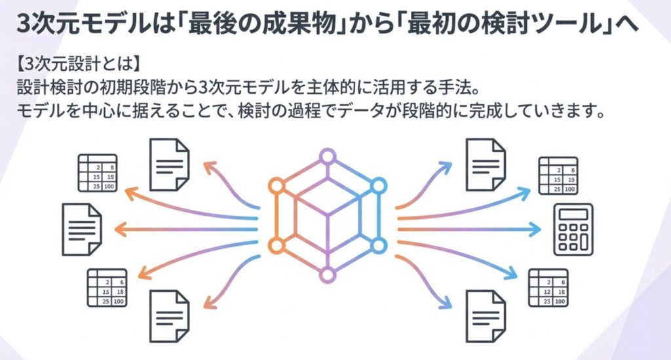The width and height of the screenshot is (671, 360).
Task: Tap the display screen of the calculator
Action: [x=573, y=214]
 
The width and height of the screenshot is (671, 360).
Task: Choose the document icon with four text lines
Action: [x=81, y=230]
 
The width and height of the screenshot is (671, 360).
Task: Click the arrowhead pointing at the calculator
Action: [x=538, y=230]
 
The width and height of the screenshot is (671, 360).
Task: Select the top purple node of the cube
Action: [x=326, y=157]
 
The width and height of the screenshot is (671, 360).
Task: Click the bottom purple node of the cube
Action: [x=326, y=273]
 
